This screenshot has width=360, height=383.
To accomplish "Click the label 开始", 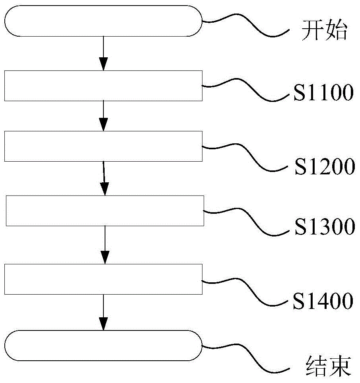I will click(x=324, y=31).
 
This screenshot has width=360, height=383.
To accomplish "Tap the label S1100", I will click(x=323, y=93).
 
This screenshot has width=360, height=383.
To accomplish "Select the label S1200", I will click(x=325, y=167).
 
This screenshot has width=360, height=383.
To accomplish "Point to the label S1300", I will click(x=324, y=227).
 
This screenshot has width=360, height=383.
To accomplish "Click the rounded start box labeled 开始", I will click(x=103, y=21).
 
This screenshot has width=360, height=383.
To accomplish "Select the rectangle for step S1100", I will click(x=103, y=86).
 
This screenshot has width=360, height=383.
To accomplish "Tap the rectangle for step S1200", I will click(x=103, y=146).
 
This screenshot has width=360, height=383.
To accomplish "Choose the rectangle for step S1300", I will click(x=105, y=211).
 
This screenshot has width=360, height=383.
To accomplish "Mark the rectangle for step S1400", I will click(x=103, y=279).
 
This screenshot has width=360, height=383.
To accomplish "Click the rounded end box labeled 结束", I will click(x=103, y=346).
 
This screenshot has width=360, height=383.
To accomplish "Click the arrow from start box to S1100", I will click(x=103, y=53).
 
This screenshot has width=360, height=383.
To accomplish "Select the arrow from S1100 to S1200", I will click(x=103, y=115).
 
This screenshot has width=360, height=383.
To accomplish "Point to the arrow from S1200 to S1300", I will click(x=104, y=178).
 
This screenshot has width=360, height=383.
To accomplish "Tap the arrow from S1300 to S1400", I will click(x=105, y=244).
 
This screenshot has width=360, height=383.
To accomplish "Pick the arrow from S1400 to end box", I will click(x=103, y=312).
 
